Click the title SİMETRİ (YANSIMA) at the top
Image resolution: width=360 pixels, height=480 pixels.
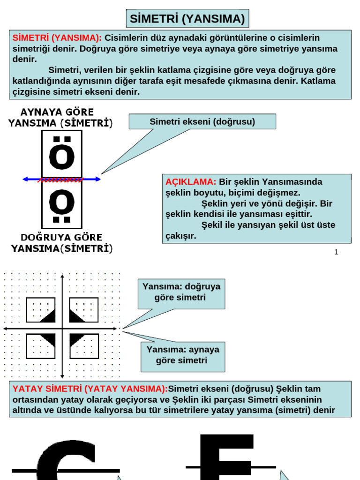pyautogui.click(x=187, y=19)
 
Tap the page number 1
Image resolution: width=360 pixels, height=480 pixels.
pyautogui.click(x=336, y=252)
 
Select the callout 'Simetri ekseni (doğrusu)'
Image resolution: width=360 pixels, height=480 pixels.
pyautogui.click(x=202, y=122)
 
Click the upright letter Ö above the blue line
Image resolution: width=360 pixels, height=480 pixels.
pyautogui.click(x=62, y=155)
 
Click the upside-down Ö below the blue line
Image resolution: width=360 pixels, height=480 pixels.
pyautogui.click(x=62, y=203)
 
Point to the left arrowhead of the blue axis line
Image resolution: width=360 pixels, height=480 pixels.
pyautogui.click(x=26, y=179)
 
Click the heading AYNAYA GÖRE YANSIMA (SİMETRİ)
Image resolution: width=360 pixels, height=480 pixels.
pyautogui.click(x=60, y=118)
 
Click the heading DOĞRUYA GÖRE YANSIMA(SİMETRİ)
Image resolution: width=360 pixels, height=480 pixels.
pyautogui.click(x=61, y=242)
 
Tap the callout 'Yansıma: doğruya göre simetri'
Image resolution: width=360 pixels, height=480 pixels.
pyautogui.click(x=181, y=292)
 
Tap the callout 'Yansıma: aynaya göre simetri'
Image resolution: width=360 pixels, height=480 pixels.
pyautogui.click(x=183, y=355)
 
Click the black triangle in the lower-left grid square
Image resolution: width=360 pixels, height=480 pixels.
pyautogui.click(x=49, y=339)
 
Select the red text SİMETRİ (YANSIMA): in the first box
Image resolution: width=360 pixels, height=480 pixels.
pyautogui.click(x=57, y=38)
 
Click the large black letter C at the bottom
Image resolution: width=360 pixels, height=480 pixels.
pyautogui.click(x=66, y=462)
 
